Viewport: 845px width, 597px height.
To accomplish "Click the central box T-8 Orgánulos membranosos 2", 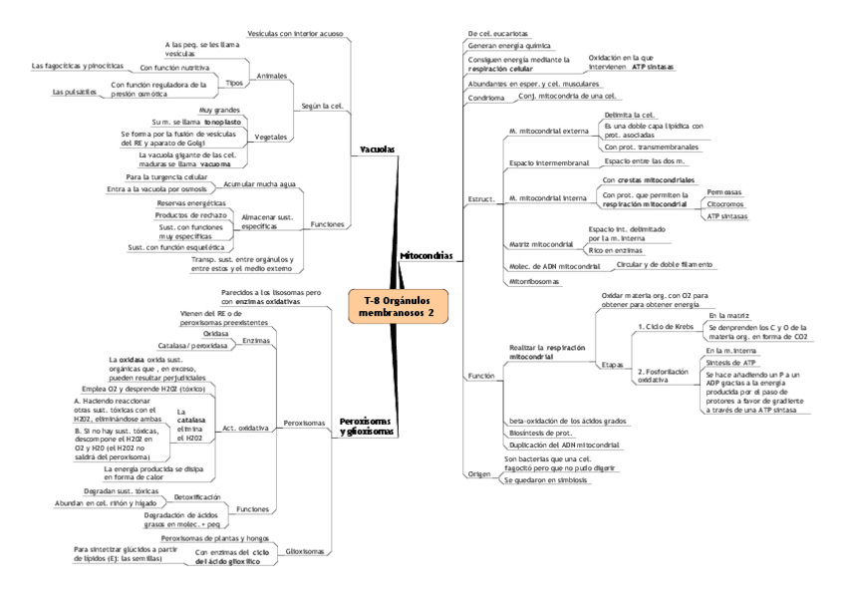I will [x=400, y=306].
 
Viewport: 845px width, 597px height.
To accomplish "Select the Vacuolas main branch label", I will [x=377, y=149].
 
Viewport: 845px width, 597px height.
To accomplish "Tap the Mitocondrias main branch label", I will [x=425, y=256].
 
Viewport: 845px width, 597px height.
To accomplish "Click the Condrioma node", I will [x=486, y=99].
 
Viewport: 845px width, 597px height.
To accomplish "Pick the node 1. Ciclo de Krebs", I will [x=667, y=326].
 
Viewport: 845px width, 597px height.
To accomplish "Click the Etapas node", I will [x=613, y=365].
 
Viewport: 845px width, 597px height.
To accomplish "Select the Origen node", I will [x=479, y=474].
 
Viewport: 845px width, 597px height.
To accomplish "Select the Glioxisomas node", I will [x=305, y=551].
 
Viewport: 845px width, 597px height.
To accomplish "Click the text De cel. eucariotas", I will [x=498, y=34].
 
